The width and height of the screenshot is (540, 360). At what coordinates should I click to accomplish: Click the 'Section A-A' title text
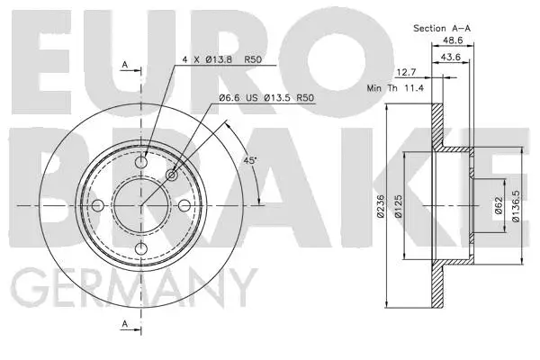pos(441,28)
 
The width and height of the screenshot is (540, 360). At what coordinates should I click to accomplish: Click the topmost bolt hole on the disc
pos(142,164)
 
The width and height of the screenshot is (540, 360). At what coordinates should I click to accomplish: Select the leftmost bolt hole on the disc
pos(100,206)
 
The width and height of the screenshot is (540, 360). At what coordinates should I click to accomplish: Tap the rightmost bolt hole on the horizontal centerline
pos(184,206)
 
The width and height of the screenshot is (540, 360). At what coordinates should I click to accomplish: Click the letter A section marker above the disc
pos(125,66)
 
